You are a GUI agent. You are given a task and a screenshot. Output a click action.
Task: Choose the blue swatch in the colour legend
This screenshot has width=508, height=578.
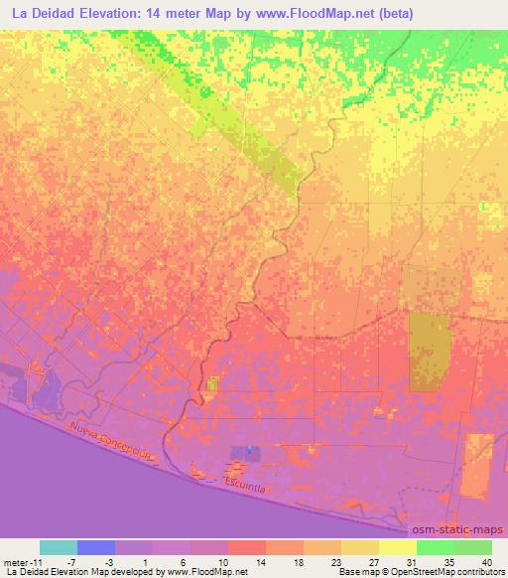[96, 547]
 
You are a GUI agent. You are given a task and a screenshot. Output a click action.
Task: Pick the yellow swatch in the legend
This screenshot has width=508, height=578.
[398, 547]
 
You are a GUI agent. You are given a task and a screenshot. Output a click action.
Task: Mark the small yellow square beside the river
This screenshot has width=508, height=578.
[211, 382]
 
